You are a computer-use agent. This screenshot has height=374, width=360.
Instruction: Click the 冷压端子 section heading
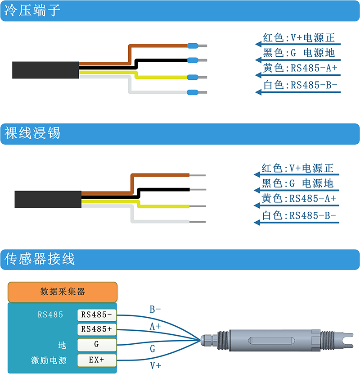click(x=32, y=10)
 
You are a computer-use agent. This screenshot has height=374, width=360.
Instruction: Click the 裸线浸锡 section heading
click(x=32, y=133)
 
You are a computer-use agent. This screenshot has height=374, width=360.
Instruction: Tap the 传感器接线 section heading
click(x=40, y=259)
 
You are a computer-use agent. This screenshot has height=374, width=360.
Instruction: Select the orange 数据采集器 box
click(x=63, y=292)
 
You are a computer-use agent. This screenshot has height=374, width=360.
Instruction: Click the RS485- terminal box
click(x=97, y=315)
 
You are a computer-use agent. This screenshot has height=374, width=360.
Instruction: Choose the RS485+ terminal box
click(x=97, y=329)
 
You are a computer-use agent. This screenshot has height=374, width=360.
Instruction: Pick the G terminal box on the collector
click(x=97, y=344)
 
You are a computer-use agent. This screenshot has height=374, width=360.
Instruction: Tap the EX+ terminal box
click(x=97, y=360)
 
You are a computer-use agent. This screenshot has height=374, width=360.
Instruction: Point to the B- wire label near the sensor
click(x=155, y=310)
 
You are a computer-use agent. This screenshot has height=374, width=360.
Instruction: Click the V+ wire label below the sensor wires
click(x=156, y=365)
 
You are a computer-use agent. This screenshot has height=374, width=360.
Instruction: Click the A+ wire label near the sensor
click(x=155, y=326)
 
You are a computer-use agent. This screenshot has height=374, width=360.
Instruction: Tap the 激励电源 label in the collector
click(x=49, y=360)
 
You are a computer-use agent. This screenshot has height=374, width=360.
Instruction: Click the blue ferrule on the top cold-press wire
click(x=193, y=46)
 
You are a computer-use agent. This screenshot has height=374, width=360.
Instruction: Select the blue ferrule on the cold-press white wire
click(x=193, y=92)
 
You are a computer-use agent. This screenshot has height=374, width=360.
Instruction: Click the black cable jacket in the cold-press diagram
click(x=45, y=70)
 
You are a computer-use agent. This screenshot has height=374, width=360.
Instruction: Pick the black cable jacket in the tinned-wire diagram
click(x=48, y=199)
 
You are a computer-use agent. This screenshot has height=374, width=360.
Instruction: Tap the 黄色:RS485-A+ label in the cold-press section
click(x=300, y=68)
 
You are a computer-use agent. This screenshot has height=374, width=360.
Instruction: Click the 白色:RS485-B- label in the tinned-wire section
click(x=299, y=215)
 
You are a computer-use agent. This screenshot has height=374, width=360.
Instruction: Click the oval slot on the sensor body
click(x=271, y=341)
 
